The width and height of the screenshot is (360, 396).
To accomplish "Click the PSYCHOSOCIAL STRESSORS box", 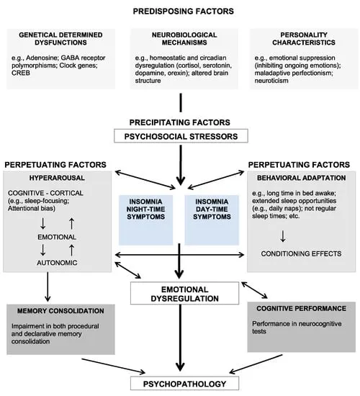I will coord(179,135).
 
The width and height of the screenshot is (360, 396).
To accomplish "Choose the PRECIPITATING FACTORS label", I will coord(179,121).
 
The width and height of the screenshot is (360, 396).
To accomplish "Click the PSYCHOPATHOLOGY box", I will coord(179,384).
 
